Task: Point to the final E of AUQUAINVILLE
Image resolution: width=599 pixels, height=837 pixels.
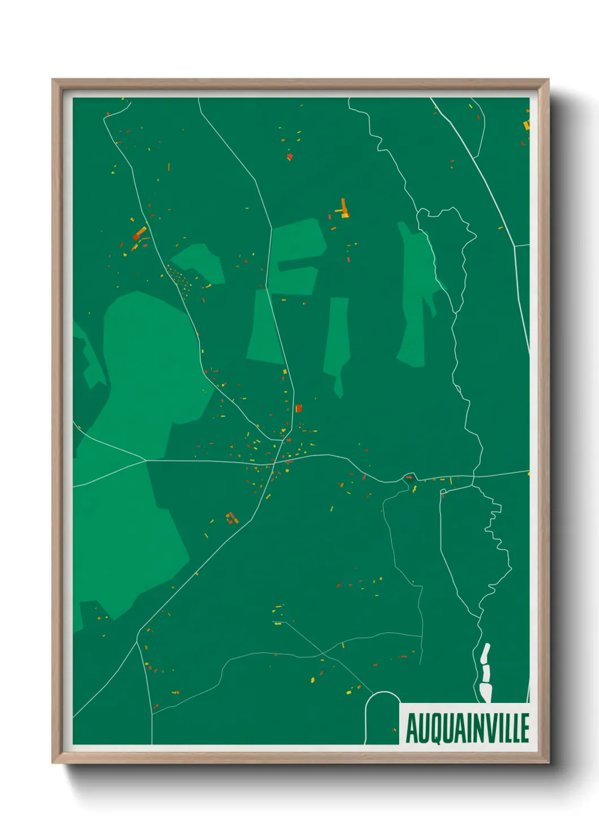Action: [524, 728]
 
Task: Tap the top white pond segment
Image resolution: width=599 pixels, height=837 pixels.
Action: [485, 653]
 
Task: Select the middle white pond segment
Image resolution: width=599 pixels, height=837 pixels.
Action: [486, 673]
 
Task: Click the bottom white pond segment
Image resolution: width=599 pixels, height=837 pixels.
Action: [486, 692]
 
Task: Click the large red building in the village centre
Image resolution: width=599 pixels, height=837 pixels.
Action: [298, 408]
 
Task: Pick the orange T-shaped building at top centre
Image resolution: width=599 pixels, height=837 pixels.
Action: [344, 209]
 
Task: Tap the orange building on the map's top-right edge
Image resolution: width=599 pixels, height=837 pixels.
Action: [527, 124]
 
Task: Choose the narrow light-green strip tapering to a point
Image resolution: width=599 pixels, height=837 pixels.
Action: [337, 339]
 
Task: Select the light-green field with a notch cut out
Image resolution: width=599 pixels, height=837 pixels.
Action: [296, 254]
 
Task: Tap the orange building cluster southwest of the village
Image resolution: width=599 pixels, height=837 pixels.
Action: [231, 517]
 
